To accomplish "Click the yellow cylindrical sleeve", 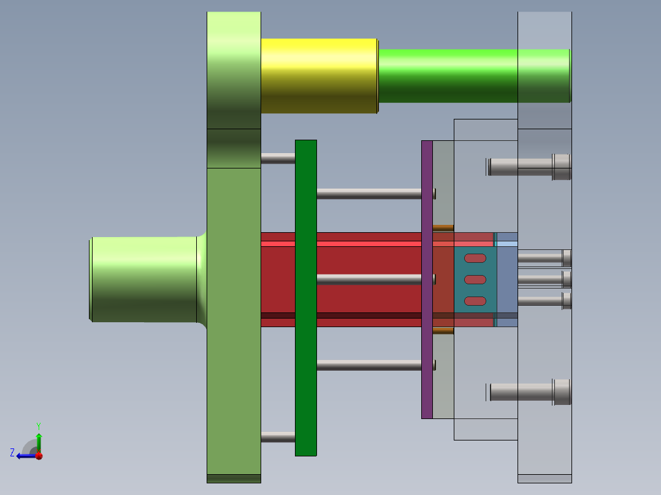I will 319,76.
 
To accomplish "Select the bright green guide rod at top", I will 448,75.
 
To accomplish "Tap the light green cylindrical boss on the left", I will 143,279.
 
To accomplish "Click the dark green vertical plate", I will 305,298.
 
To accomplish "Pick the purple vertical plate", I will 427,279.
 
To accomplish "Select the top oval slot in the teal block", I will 475,258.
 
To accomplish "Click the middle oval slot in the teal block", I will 475,279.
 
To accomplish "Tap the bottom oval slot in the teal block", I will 475,301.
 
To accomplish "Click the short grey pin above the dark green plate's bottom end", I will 277,437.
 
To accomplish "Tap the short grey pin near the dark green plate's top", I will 277,158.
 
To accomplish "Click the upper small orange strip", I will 443,228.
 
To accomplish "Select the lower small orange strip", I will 443,331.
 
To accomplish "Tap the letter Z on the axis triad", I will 12,453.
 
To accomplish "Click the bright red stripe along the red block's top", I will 368,243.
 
